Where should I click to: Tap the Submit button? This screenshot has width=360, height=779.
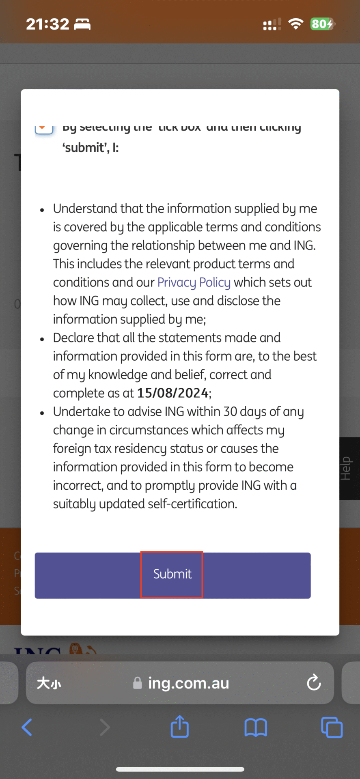click(172, 575)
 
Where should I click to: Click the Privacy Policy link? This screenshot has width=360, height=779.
click(194, 282)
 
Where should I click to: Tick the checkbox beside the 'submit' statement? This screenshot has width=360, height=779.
click(44, 128)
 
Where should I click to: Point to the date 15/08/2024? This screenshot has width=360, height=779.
click(173, 393)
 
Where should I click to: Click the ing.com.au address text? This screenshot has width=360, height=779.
click(188, 683)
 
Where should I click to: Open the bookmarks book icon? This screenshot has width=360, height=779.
click(255, 727)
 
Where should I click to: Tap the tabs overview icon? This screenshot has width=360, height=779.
click(332, 727)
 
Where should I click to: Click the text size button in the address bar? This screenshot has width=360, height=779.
click(49, 683)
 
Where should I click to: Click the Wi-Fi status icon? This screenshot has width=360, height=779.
click(296, 24)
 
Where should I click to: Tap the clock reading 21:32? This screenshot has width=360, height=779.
click(47, 24)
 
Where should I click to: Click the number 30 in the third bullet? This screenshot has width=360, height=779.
click(230, 411)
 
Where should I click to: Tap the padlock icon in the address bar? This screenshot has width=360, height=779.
click(138, 683)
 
